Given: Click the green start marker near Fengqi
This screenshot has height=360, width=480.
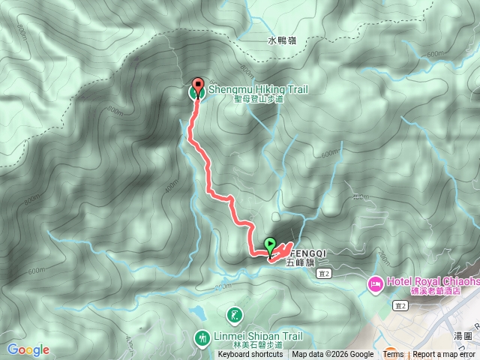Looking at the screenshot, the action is (270, 244).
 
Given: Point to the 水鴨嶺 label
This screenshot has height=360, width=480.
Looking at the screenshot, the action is (282, 41).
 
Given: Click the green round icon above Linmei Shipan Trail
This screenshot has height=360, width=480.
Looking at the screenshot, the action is (234, 315).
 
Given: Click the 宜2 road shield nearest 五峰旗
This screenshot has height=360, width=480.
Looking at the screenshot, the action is (323, 274).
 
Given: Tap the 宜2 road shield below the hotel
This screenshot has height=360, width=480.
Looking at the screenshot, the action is (400, 305).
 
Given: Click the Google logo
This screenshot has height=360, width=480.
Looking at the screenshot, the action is (28, 349).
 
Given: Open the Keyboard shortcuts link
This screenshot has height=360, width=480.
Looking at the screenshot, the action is (250, 355).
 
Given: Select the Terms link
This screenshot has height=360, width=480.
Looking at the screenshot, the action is (393, 355).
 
